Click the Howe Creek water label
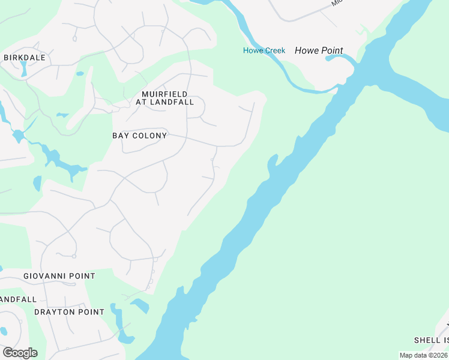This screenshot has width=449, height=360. point(264,50)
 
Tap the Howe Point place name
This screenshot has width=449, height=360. point(319,50)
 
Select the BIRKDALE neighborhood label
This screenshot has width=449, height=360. point(25,58)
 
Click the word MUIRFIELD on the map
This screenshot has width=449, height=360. point(164,94)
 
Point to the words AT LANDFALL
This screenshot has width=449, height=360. point(164,102)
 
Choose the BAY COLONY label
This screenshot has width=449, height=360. point(139,136)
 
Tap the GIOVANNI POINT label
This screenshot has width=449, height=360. point(59,276)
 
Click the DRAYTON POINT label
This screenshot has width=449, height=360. point(69,312)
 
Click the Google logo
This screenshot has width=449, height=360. point(20,353)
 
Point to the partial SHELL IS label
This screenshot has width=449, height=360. point(431,340)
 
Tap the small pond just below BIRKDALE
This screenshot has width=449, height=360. point(23,68)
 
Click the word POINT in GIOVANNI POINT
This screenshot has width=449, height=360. point(80,276)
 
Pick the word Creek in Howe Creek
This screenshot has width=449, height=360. point(274,50)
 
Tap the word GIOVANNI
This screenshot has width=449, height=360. point(43,276)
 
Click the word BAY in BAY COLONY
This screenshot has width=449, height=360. point(121,136)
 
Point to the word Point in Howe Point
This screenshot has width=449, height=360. point(332,50)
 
